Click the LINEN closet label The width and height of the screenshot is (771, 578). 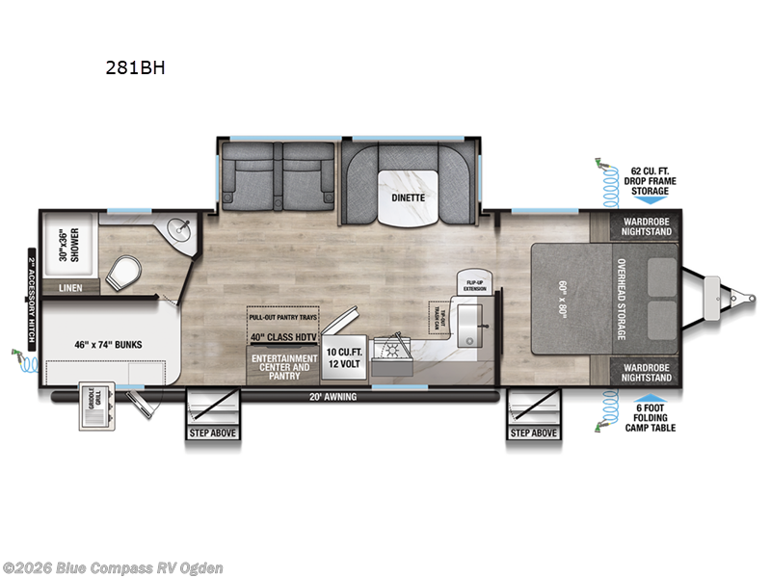pyautogui.click(x=71, y=287)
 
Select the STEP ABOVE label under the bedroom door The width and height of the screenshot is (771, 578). pyautogui.click(x=533, y=433)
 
